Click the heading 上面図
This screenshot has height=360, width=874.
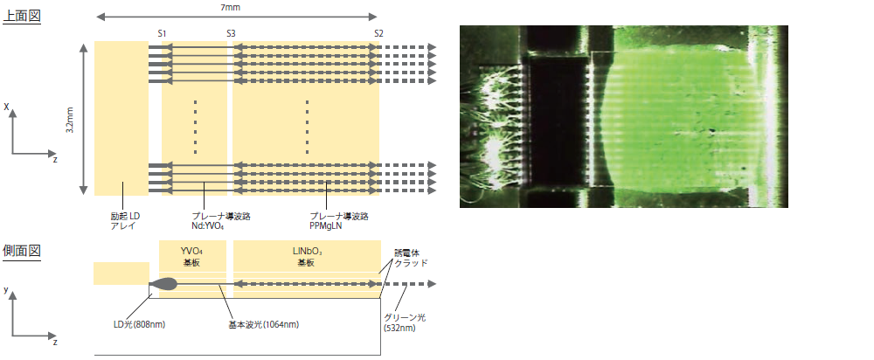pos(23,16)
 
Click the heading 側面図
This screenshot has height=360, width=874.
pos(23,251)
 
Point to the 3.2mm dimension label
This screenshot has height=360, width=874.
pos(70,119)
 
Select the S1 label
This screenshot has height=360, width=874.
pos(163,33)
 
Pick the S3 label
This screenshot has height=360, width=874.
pos(231,33)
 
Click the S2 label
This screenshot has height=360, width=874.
pos(378,33)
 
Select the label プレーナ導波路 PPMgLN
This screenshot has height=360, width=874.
pos(338,218)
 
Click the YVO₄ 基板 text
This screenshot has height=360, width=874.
pos(192,255)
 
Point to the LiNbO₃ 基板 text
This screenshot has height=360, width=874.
pos(306,255)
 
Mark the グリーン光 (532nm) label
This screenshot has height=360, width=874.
pos(405,322)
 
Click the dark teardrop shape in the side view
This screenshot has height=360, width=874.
pos(164,284)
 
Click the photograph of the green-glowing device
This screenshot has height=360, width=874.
pos(623,116)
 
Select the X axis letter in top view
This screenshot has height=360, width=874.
pos(6,107)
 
